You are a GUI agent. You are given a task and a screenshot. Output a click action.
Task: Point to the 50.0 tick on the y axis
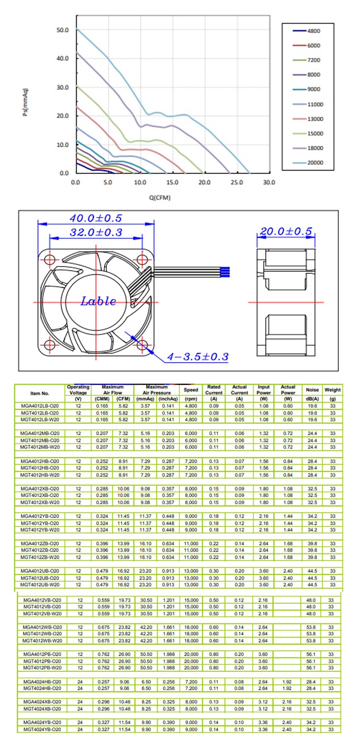pos(63,30)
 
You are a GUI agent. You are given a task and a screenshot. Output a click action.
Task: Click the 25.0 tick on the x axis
pos(237,183)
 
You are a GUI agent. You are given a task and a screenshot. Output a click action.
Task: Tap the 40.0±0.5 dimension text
pos(96,219)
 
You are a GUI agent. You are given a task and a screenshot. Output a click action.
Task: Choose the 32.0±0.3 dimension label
pos(96,233)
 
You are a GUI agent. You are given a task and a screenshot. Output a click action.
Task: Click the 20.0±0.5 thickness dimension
pos(286,232)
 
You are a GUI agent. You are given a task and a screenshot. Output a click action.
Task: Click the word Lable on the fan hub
pos(98,302)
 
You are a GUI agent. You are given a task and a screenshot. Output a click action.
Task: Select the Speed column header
pos(191,390)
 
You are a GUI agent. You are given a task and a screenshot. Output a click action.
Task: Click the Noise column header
pos(312,390)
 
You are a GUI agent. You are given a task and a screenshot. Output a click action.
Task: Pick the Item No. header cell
pos(40,393)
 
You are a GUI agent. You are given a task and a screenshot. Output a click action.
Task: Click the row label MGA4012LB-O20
pos(40,406)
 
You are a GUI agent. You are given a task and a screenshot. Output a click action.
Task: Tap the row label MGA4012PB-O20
pos(42,654)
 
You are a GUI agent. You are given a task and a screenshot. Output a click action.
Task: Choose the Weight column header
pos(332,390)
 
